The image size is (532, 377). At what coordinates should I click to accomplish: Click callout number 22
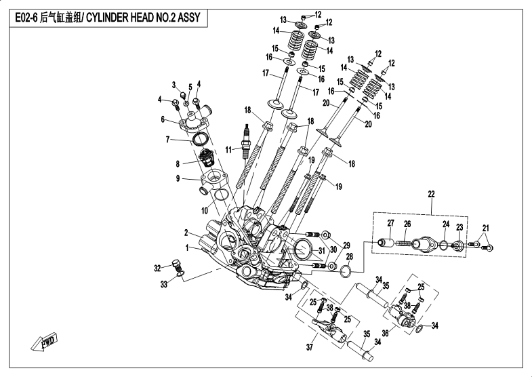coord(431,195)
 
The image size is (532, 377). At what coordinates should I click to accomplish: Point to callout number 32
coord(157,267)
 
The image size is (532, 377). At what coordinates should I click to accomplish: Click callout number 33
coord(163,284)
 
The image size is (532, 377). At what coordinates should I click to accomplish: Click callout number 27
coord(390,224)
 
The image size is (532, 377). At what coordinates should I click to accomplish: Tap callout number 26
coord(407,224)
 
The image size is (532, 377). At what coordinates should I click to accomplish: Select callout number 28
coord(348,257)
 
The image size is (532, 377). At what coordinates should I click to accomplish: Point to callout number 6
coord(163,120)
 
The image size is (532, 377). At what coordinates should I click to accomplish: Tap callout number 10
coord(205,211)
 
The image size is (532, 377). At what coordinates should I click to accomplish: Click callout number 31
coord(322,250)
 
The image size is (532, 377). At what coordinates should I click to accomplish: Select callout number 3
coord(174,85)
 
